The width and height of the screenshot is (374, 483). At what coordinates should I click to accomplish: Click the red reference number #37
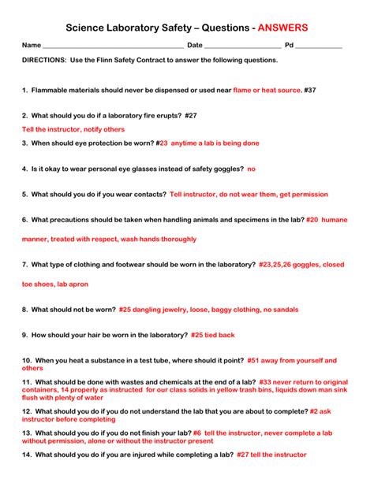click(x=310, y=90)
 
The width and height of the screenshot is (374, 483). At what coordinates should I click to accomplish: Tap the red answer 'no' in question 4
click(x=252, y=169)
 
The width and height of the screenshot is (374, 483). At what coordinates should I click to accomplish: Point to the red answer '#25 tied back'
click(x=213, y=335)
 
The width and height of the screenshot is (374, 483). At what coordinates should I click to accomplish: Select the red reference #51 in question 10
click(x=253, y=360)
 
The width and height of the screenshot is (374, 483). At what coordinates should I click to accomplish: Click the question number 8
click(x=26, y=310)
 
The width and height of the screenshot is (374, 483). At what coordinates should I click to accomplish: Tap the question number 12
click(x=27, y=411)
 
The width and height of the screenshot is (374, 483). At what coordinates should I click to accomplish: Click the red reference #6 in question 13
click(x=197, y=433)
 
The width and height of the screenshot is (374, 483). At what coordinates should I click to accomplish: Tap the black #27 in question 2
click(x=190, y=115)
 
